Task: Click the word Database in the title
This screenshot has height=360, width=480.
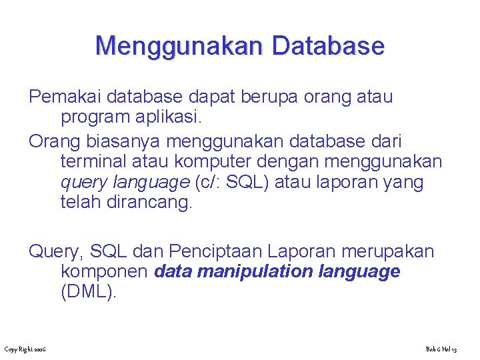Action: pos(329,46)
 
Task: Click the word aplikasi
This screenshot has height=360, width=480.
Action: pos(169,117)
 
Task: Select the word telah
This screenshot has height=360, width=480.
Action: pos(81,203)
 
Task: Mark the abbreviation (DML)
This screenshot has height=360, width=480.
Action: pos(88,292)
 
